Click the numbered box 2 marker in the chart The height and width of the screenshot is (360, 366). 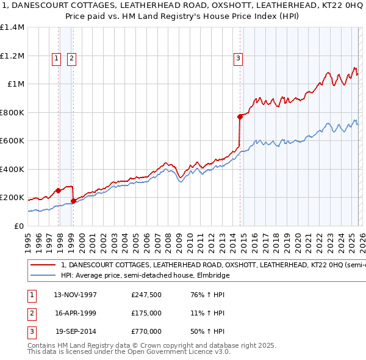(71, 59)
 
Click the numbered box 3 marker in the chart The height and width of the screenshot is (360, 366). (237, 59)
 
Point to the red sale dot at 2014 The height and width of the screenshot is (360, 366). (240, 117)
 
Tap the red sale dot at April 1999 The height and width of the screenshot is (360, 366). (73, 201)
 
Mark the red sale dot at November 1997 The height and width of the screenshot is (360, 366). (59, 190)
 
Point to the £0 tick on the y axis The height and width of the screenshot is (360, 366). (18, 226)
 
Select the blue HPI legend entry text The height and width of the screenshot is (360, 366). (145, 276)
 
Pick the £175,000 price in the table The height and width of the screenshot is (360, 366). (146, 313)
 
